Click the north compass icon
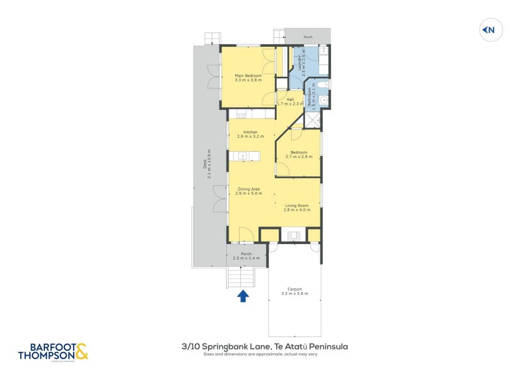point(489,29)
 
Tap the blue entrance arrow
point(243,296)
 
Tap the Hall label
point(290,100)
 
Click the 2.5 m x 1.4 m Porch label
point(246,256)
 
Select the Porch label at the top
point(308,37)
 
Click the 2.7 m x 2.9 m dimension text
point(299,157)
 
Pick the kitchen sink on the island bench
point(242,156)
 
